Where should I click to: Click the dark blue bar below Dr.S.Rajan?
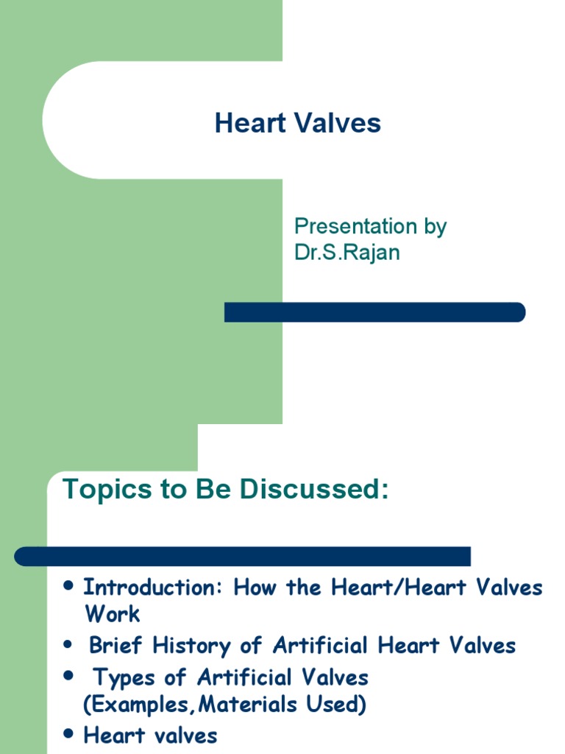tap(374, 312)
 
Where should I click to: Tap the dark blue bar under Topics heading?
tap(243, 556)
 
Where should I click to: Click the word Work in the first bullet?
tap(112, 613)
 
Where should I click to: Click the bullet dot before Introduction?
tap(69, 586)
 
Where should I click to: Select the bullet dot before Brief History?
tap(69, 645)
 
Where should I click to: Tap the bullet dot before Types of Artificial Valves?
tap(69, 676)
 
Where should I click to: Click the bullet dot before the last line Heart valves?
tap(69, 734)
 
